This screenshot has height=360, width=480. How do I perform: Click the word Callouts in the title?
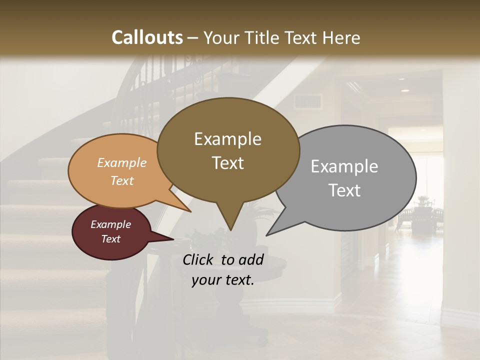point(147,37)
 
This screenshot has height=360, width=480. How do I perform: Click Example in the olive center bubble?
point(227,139)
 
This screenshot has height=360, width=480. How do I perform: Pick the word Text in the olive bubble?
point(228,163)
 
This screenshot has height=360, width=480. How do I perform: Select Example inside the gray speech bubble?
point(344,166)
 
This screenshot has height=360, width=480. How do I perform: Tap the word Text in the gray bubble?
point(344,190)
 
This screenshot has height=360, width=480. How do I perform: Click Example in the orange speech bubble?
point(121,163)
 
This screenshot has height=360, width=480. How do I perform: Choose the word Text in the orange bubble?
point(122,180)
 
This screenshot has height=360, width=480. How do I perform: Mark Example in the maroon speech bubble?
point(110,224)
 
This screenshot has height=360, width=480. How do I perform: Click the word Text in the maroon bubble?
point(111,239)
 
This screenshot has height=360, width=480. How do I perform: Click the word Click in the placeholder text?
point(199,259)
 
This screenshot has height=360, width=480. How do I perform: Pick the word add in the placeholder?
point(251,259)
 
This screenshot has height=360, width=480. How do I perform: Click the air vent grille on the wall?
point(307,102)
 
